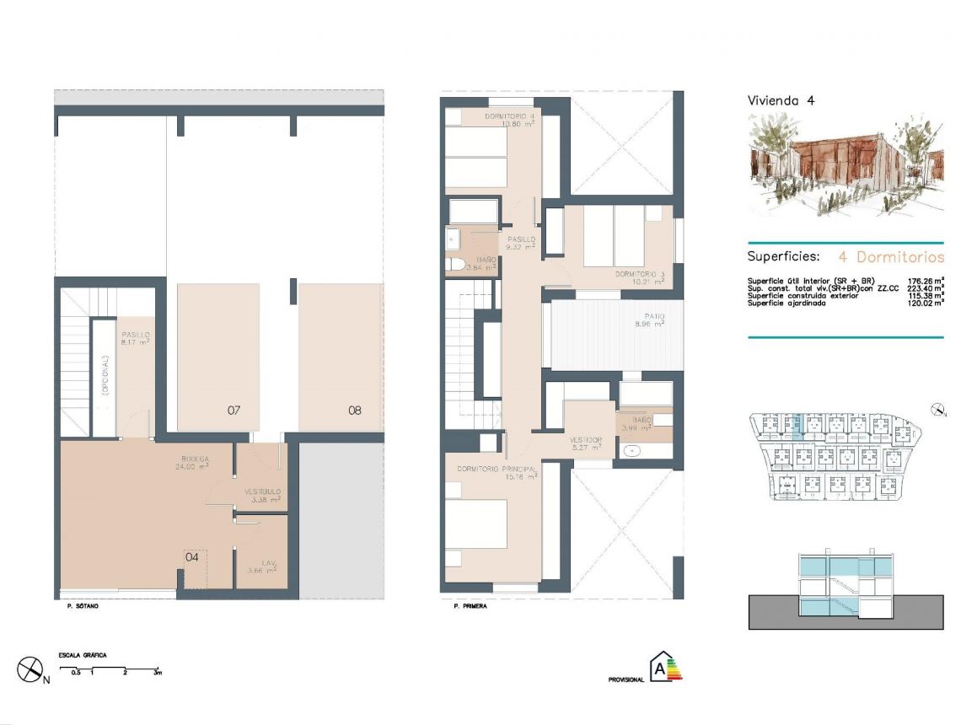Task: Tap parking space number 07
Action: click(x=234, y=411)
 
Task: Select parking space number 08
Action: click(x=355, y=411)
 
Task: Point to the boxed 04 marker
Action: click(x=192, y=556)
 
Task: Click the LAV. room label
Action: click(x=262, y=563)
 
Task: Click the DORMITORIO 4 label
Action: click(x=510, y=115)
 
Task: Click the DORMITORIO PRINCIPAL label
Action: click(x=497, y=469)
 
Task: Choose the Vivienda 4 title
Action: click(x=781, y=100)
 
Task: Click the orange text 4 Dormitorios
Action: click(x=891, y=257)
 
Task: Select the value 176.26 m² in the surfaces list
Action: click(x=925, y=280)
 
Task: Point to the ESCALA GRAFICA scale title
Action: click(x=83, y=655)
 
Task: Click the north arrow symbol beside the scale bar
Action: click(x=31, y=670)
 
